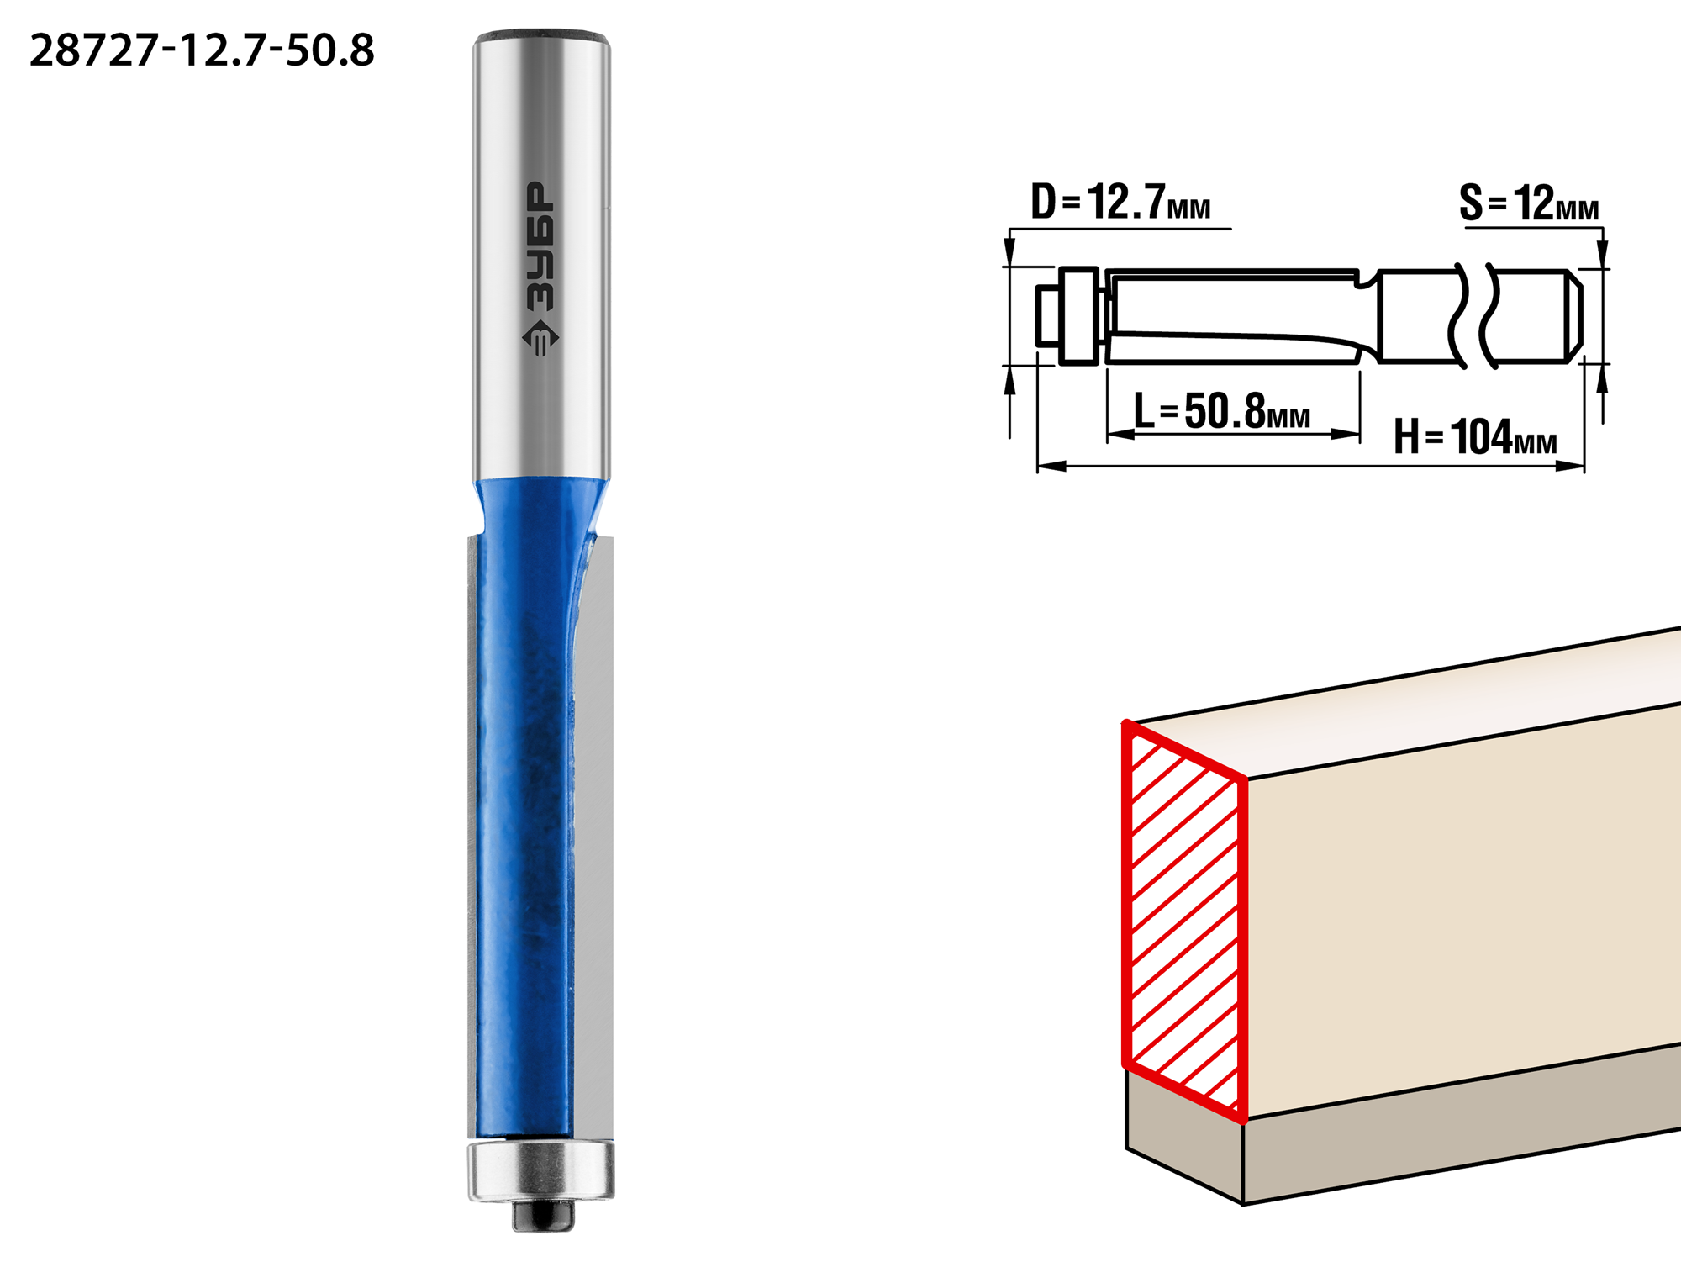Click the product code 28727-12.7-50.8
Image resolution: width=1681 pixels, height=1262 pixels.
(x=202, y=50)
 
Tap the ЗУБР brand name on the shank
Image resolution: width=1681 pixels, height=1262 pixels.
(x=540, y=246)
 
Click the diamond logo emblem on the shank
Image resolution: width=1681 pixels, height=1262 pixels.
(x=540, y=339)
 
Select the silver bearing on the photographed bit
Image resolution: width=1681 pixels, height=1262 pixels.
(x=541, y=1170)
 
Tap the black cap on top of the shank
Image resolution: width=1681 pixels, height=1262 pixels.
(x=541, y=38)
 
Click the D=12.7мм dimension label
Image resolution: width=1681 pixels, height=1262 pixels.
(x=1120, y=203)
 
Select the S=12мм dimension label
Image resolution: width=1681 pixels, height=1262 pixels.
(x=1529, y=203)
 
